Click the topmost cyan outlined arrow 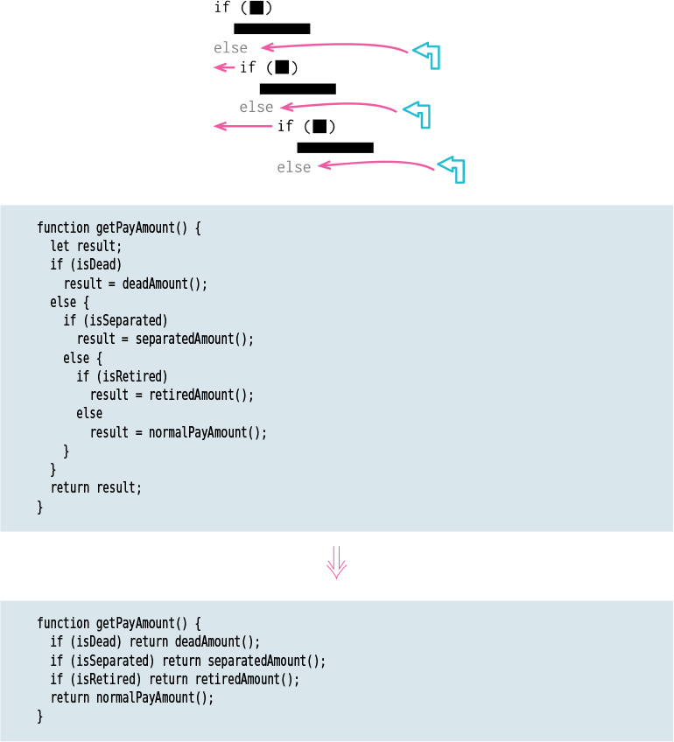pyautogui.click(x=427, y=54)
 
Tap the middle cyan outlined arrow pyautogui.click(x=418, y=114)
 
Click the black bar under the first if pyautogui.click(x=271, y=29)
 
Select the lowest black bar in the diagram pyautogui.click(x=335, y=148)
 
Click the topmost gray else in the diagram pyautogui.click(x=230, y=48)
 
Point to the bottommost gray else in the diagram pyautogui.click(x=294, y=167)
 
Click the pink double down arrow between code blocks pyautogui.click(x=337, y=563)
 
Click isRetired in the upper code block pyautogui.click(x=135, y=376)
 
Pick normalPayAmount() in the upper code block pyautogui.click(x=207, y=432)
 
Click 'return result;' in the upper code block pyautogui.click(x=95, y=487)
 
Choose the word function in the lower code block pyautogui.click(x=63, y=623)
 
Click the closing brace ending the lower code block pyautogui.click(x=39, y=717)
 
